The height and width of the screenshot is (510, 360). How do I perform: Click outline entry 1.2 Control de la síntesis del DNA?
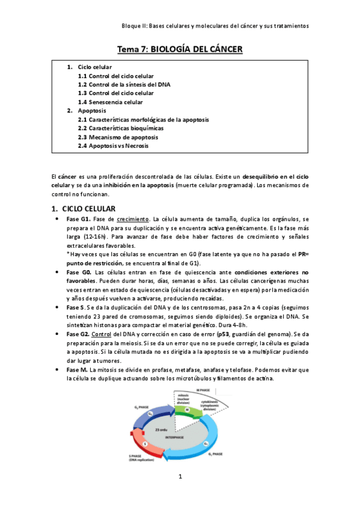(124, 85)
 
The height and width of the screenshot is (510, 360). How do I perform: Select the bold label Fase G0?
(79, 272)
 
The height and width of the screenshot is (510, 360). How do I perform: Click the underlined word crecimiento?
(133, 219)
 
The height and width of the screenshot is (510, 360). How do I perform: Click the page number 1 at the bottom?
(180, 494)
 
